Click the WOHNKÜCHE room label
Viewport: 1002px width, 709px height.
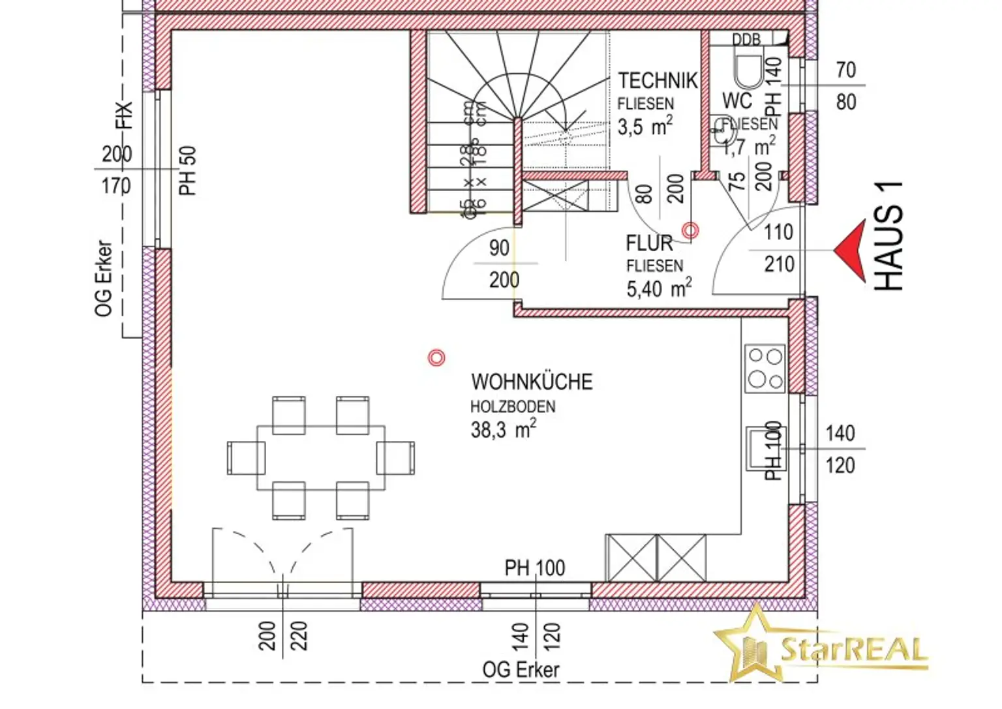pyautogui.click(x=532, y=382)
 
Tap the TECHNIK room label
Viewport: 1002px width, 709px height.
pyautogui.click(x=658, y=81)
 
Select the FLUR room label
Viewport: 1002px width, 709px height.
pyautogui.click(x=648, y=243)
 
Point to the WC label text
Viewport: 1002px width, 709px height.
pyautogui.click(x=736, y=101)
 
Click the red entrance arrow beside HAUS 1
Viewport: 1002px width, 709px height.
pyautogui.click(x=852, y=250)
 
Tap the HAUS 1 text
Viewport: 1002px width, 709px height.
pyautogui.click(x=888, y=236)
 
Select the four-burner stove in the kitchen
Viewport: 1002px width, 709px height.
pyautogui.click(x=765, y=369)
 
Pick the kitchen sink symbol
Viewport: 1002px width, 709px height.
pyautogui.click(x=765, y=448)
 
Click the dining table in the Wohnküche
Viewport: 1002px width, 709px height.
pyautogui.click(x=320, y=457)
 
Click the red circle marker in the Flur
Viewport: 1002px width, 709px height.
pyautogui.click(x=690, y=230)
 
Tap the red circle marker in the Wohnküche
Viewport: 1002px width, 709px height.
pyautogui.click(x=436, y=357)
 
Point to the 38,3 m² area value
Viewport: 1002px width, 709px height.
pyautogui.click(x=503, y=430)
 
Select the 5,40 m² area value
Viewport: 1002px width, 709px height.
pyautogui.click(x=658, y=288)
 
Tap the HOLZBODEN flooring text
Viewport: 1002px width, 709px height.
pyautogui.click(x=513, y=407)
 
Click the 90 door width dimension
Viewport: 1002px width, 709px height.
pyautogui.click(x=499, y=248)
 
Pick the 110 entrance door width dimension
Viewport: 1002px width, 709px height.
pyautogui.click(x=778, y=232)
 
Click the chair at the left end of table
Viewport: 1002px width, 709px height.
pyautogui.click(x=246, y=457)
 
